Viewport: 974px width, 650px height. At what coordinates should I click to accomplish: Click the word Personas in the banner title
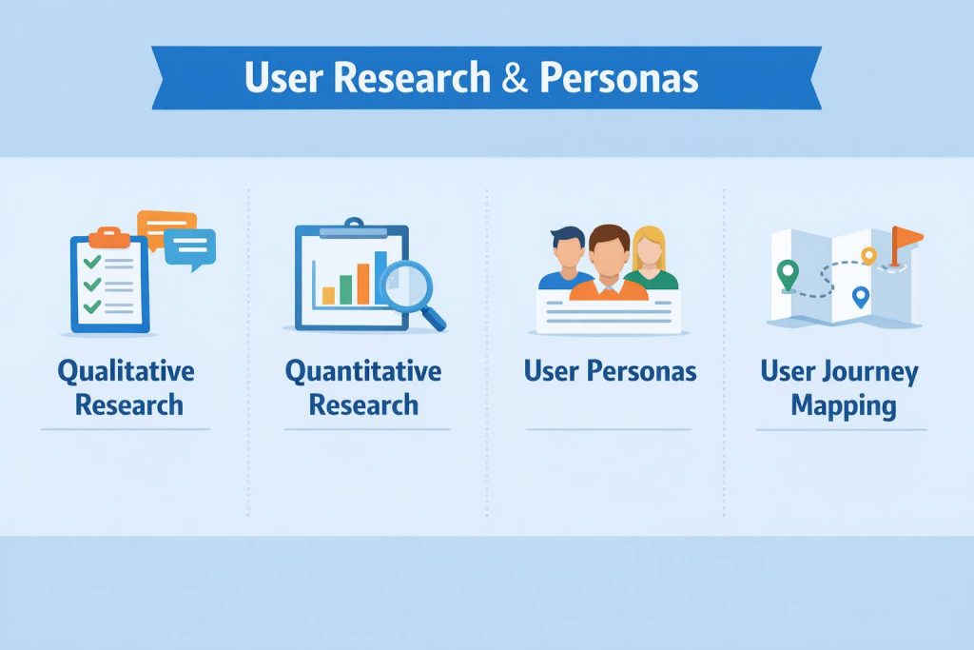(x=618, y=79)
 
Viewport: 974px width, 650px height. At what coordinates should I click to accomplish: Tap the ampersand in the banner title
(x=515, y=79)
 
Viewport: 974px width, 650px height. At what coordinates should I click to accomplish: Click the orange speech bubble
(x=165, y=227)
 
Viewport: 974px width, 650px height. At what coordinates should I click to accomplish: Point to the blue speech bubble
(x=190, y=247)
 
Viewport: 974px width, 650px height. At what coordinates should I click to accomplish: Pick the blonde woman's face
(x=648, y=249)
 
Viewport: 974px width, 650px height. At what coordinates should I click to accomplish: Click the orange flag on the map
(x=908, y=237)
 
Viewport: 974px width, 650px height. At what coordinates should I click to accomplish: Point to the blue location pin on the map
(x=861, y=297)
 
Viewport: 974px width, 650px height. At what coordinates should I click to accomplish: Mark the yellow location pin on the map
(x=867, y=254)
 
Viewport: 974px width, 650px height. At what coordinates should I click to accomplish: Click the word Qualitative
(x=126, y=371)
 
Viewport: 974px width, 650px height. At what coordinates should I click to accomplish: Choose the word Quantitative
(x=363, y=371)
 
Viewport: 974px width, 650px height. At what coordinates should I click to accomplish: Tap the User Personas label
(x=610, y=371)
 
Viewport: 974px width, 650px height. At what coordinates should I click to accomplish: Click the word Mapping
(x=843, y=405)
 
